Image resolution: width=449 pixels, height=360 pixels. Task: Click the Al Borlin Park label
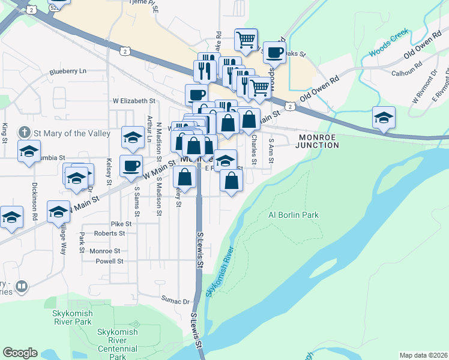tap(294, 215)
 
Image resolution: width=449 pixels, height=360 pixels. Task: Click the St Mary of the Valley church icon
tap(23, 131)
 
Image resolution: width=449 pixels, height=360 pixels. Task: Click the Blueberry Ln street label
tap(68, 71)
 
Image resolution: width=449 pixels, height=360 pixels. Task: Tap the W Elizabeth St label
tap(134, 101)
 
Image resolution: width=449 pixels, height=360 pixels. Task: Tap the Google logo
tap(20, 352)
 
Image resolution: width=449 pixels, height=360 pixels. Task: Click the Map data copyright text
tap(423, 355)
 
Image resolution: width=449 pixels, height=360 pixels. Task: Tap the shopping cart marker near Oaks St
tap(246, 40)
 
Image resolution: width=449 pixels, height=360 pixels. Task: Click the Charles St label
tap(254, 151)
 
